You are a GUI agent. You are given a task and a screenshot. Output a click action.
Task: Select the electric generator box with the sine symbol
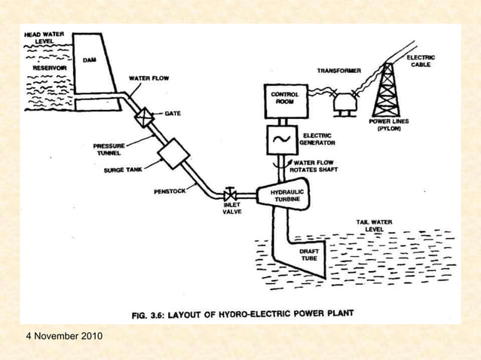click(x=285, y=139)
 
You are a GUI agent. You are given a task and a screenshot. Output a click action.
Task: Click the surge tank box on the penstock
click(x=174, y=156)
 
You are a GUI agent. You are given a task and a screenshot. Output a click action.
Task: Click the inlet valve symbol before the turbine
click(x=231, y=195)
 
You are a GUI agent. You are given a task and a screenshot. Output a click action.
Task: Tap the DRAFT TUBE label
click(x=309, y=255)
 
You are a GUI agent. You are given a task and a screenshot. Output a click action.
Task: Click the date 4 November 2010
click(x=63, y=334)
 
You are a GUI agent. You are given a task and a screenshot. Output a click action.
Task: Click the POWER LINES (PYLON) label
click(x=389, y=124)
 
